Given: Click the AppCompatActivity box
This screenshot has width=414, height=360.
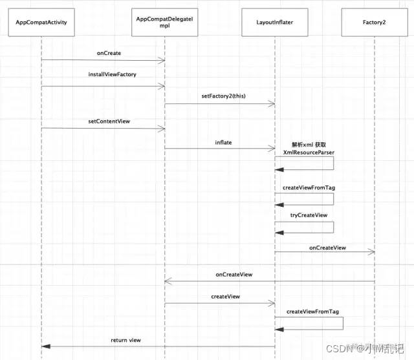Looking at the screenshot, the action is pyautogui.click(x=41, y=23).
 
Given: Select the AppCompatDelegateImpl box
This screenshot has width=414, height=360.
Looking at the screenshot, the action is pyautogui.click(x=165, y=23).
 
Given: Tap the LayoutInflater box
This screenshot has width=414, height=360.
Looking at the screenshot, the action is pyautogui.click(x=274, y=23).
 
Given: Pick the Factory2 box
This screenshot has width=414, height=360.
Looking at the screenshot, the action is pyautogui.click(x=375, y=23).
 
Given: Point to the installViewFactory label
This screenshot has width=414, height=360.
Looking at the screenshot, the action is pyautogui.click(x=112, y=75).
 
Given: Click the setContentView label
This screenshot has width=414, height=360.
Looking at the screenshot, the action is pyautogui.click(x=109, y=121).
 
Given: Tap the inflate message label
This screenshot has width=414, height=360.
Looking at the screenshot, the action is pyautogui.click(x=223, y=142).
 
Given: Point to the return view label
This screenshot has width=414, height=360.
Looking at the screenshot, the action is pyautogui.click(x=125, y=340).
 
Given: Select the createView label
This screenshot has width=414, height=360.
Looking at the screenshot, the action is pyautogui.click(x=225, y=296).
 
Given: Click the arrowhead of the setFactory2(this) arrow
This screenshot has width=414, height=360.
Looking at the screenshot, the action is pyautogui.click(x=273, y=105).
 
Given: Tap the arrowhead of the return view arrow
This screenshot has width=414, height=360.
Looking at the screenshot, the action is pyautogui.click(x=44, y=346).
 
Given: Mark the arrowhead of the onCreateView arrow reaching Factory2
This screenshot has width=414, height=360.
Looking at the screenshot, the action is pyautogui.click(x=373, y=252).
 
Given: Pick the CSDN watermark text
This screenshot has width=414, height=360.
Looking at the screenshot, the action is pyautogui.click(x=340, y=350).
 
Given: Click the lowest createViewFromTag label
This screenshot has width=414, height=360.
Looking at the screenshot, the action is pyautogui.click(x=312, y=311).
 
